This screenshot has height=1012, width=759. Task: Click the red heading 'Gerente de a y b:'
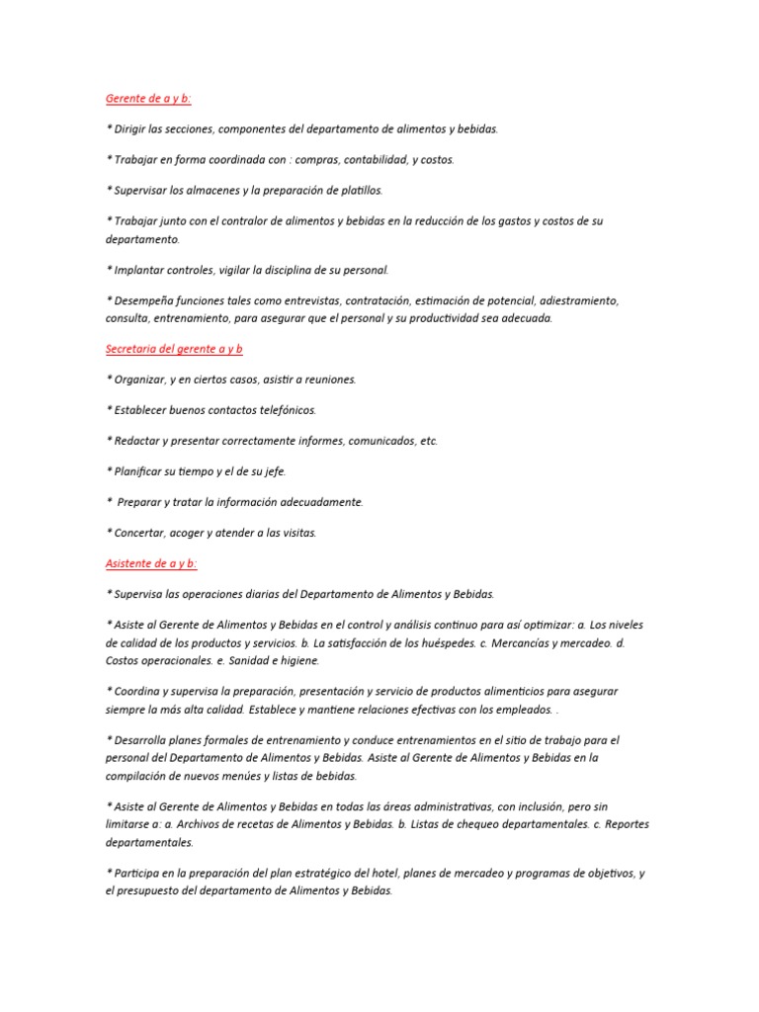[147, 98]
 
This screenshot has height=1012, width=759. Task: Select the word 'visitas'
[297, 533]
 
